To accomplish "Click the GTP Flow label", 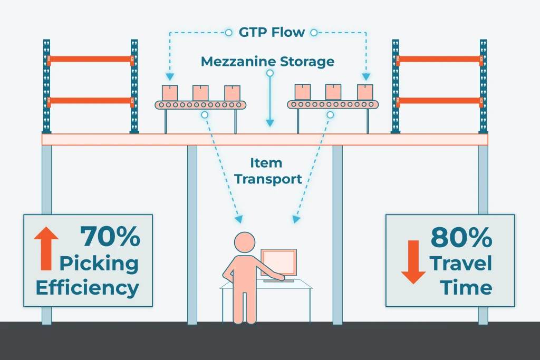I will pyautogui.click(x=272, y=32).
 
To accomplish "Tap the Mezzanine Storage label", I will pyautogui.click(x=267, y=61).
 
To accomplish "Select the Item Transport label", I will pyautogui.click(x=268, y=171).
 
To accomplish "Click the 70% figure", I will pyautogui.click(x=110, y=237).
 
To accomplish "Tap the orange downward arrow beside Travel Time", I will pyautogui.click(x=413, y=262).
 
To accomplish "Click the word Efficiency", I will pyautogui.click(x=87, y=288).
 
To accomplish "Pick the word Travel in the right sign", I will pyautogui.click(x=460, y=263).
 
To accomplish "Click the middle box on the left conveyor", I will pyautogui.click(x=200, y=93).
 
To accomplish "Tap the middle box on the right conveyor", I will pyautogui.click(x=333, y=92).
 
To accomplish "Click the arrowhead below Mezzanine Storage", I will pyautogui.click(x=270, y=122).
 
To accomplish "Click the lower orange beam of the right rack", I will pyautogui.click(x=439, y=100).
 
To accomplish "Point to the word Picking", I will pyautogui.click(x=99, y=263).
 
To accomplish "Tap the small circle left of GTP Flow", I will pyautogui.click(x=228, y=33).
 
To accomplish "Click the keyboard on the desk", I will pyautogui.click(x=278, y=280).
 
